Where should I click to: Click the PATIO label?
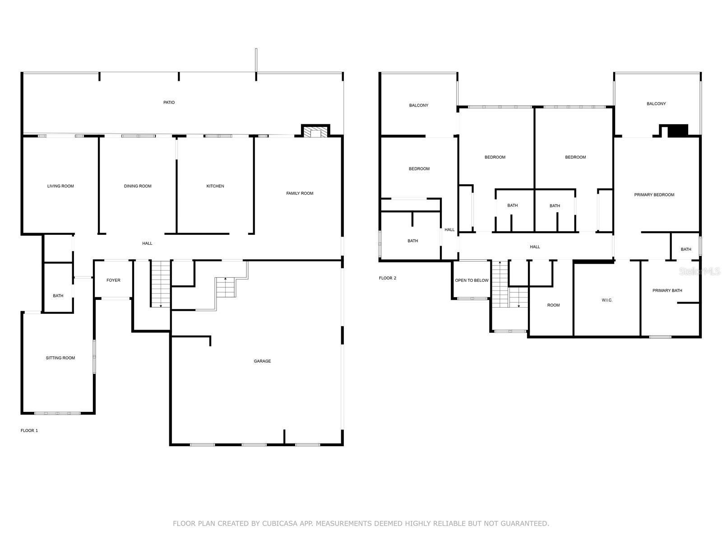(169, 103)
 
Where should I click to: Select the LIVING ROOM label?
(60, 186)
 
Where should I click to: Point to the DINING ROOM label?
(138, 186)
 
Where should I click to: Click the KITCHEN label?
(215, 186)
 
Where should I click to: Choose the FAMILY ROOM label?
(300, 193)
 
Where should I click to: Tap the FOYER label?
(113, 280)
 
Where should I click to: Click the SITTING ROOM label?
(60, 358)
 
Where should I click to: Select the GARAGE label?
(262, 361)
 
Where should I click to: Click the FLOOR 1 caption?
(29, 431)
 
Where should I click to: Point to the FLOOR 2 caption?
(388, 278)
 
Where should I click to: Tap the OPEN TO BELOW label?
(472, 280)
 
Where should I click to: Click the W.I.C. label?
(607, 300)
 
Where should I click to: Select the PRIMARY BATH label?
(667, 291)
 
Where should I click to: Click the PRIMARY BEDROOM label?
(654, 195)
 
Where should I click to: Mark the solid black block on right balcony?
(677, 131)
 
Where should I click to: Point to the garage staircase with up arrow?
(226, 287)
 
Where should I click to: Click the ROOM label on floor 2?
(553, 305)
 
